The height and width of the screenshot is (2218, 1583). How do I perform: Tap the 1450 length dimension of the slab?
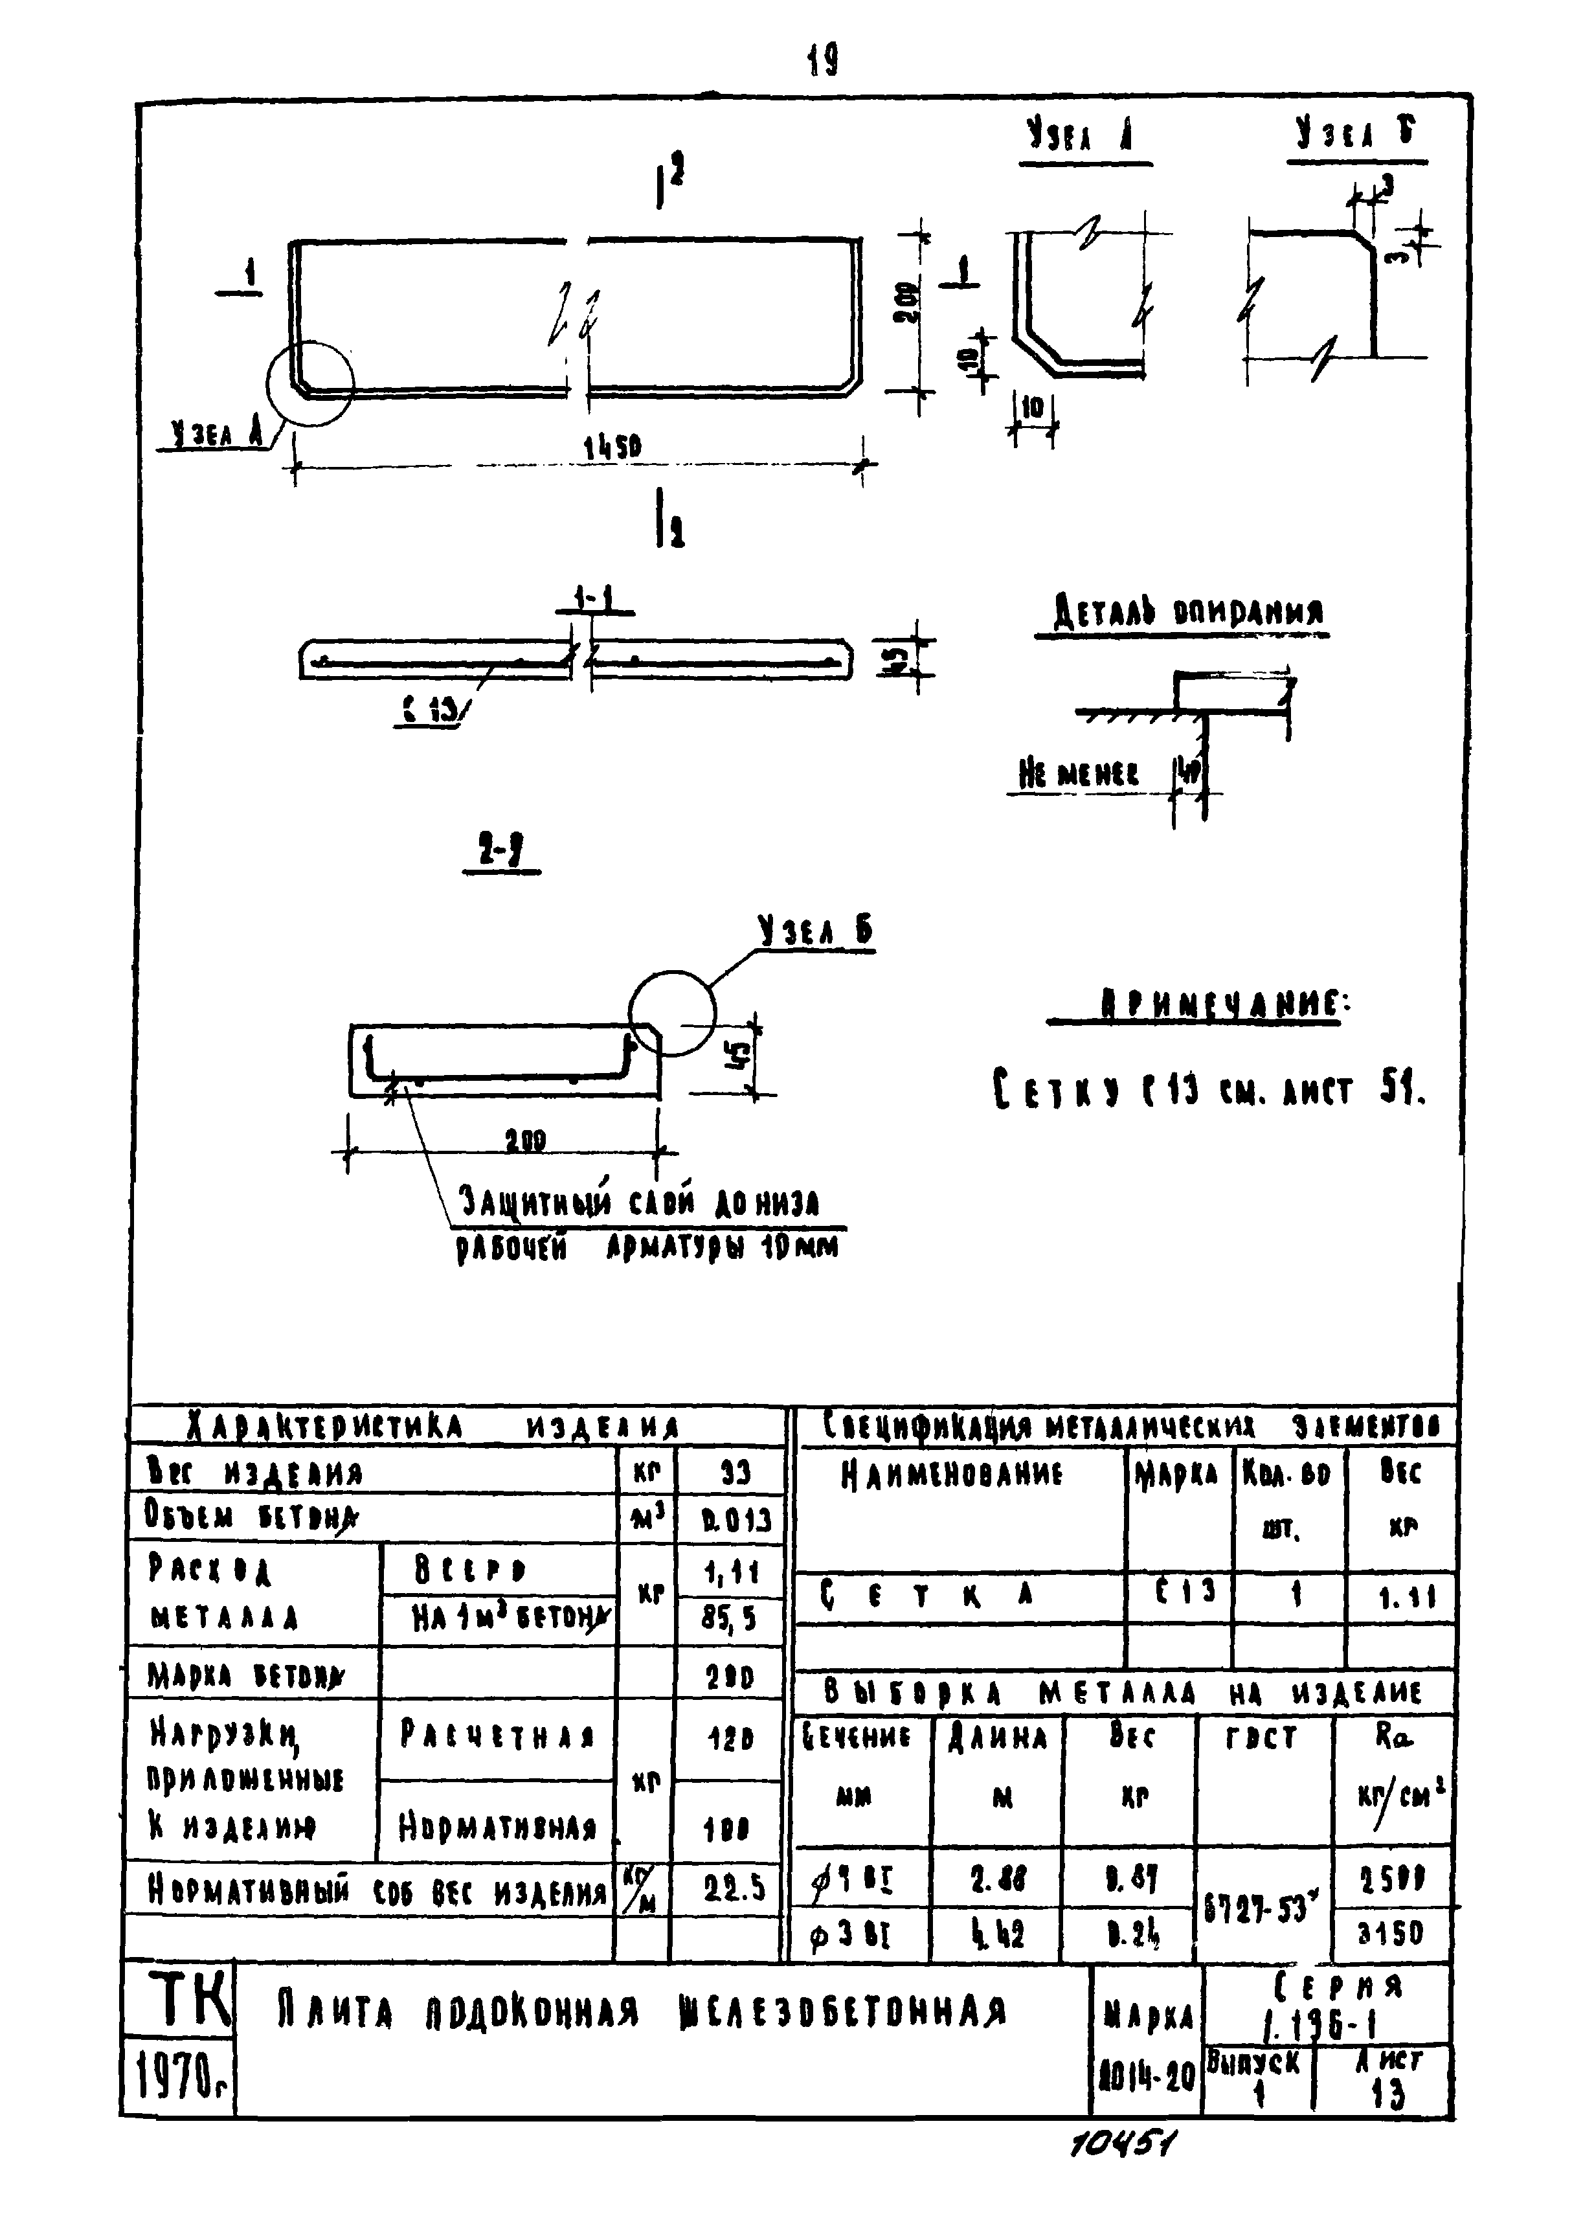coord(612,447)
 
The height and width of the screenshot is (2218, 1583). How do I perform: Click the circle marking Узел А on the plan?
coord(311,383)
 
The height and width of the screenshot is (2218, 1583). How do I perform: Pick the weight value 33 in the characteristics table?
coord(734,1472)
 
